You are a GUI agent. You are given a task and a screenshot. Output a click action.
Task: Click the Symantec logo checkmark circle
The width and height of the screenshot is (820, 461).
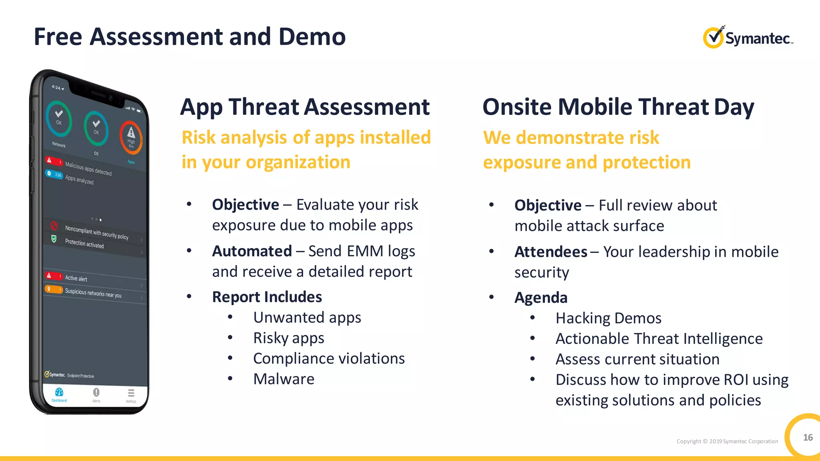[x=713, y=38]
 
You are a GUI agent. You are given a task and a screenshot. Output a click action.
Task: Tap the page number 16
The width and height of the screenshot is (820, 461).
[x=808, y=437]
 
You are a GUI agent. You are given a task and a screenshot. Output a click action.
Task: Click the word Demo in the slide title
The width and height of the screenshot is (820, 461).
[x=312, y=37]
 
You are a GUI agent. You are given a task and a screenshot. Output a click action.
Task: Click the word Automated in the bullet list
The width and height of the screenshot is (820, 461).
[x=252, y=251]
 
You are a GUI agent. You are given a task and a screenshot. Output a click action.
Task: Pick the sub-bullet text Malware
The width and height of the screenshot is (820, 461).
[x=283, y=379]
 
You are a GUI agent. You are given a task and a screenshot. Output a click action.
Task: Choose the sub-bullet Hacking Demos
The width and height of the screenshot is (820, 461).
[x=608, y=318]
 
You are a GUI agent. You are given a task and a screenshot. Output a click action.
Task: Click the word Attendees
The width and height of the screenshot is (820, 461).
[x=551, y=252]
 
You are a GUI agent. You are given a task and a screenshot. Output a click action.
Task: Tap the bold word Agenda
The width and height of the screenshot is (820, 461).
[x=541, y=298]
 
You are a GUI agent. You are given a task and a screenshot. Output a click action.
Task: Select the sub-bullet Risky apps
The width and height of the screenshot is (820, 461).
[x=288, y=338]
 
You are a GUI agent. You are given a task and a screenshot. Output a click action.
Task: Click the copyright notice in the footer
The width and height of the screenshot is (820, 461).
[x=727, y=441]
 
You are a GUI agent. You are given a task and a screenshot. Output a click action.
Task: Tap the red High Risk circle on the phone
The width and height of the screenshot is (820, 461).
[x=131, y=137]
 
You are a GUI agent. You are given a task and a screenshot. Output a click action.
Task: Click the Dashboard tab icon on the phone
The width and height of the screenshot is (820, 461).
[x=59, y=393]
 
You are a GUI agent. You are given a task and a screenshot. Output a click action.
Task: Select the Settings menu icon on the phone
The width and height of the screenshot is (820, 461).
[x=131, y=393]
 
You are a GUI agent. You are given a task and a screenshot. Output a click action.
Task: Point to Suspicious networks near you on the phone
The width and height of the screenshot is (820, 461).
[x=93, y=293]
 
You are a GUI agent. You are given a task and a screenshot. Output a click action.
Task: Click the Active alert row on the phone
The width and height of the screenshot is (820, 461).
[x=76, y=278]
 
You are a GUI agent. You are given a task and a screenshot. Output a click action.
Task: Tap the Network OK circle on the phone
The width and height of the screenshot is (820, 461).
[x=59, y=118]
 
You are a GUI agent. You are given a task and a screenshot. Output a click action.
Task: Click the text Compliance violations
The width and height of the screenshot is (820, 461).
[x=329, y=359]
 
